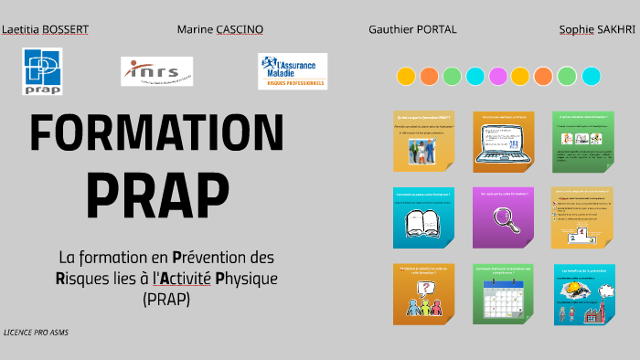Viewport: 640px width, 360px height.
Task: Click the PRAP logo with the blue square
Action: point(42,70)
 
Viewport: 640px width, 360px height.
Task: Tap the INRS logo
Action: point(156,70)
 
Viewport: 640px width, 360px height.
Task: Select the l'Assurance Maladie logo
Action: point(292,71)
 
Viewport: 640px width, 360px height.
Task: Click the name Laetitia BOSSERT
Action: point(46,29)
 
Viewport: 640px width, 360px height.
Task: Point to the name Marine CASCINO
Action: point(219,29)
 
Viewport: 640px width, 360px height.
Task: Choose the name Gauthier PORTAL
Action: point(412,29)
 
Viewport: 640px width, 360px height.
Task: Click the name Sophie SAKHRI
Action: point(596,29)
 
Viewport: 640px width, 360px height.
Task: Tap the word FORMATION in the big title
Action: point(157,134)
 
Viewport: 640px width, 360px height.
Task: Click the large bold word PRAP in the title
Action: point(157,191)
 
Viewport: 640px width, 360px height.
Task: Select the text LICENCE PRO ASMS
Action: point(36,333)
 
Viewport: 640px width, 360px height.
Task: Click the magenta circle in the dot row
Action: point(498,76)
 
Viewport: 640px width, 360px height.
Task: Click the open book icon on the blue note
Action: point(423,223)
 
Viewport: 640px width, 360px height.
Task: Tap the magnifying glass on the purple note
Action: point(503,220)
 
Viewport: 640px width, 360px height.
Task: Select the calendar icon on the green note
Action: point(502,302)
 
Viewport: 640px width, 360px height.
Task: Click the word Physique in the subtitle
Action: point(246,278)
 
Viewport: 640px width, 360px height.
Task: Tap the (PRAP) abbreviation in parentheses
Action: point(165,299)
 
